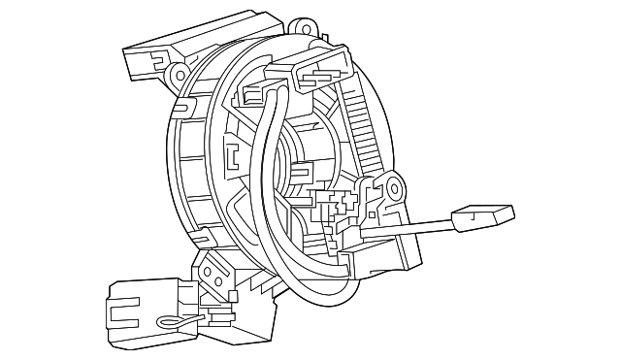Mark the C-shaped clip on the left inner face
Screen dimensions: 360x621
pos(232,155)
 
